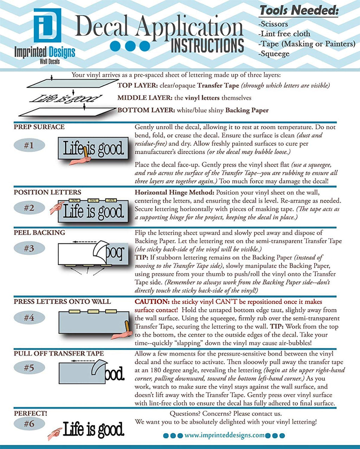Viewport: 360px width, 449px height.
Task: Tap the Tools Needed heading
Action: point(299,10)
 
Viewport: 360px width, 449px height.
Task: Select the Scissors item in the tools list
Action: point(273,24)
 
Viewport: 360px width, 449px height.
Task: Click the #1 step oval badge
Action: point(29,145)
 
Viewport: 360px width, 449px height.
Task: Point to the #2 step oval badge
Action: point(29,208)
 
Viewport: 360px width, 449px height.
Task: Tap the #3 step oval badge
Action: point(29,248)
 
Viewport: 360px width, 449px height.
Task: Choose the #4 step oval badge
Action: point(29,318)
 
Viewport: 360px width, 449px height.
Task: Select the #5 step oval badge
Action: point(29,368)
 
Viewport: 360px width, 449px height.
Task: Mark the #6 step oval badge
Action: point(29,424)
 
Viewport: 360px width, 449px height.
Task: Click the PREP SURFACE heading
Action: point(39,127)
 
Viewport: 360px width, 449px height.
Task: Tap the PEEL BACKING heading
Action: point(39,233)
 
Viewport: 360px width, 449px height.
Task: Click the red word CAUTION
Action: point(152,302)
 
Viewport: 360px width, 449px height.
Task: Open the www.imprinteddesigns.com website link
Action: point(224,435)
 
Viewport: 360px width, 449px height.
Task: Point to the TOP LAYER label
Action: point(137,85)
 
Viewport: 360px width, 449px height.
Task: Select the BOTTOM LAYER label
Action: point(146,110)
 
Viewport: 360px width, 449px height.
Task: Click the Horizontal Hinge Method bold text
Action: point(174,192)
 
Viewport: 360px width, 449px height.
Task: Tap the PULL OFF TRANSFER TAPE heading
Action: point(59,353)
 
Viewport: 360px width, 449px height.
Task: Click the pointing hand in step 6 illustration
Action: point(54,433)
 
